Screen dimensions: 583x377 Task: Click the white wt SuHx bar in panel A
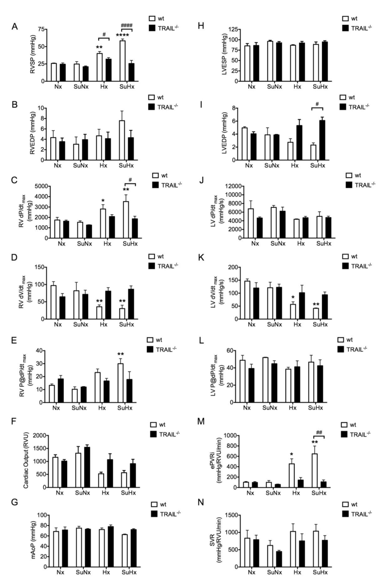(122, 61)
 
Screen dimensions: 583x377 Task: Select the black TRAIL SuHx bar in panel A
(131, 72)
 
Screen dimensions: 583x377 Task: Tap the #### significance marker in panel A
(127, 25)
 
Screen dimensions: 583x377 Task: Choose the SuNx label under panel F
(80, 493)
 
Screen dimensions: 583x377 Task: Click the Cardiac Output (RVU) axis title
(26, 462)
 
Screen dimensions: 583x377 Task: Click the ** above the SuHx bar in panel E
(120, 354)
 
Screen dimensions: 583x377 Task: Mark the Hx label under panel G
(106, 572)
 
